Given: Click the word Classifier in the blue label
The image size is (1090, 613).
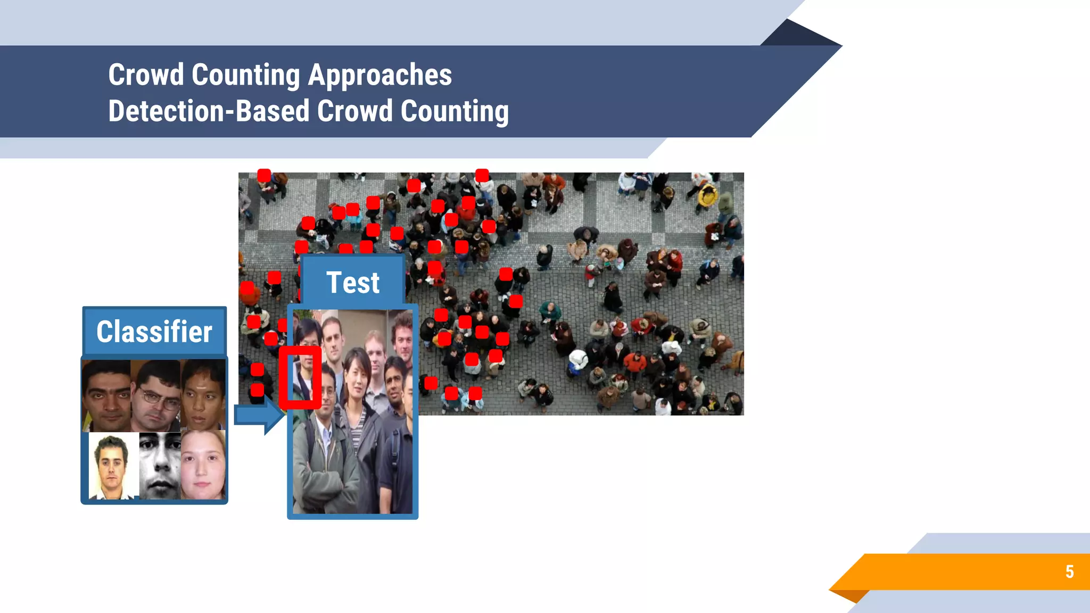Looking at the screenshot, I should [x=154, y=332].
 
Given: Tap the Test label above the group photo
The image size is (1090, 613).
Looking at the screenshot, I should [x=353, y=283].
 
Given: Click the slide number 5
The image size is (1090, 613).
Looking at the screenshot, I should [x=1069, y=571].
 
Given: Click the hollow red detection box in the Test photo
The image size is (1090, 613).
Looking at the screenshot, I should [x=300, y=377].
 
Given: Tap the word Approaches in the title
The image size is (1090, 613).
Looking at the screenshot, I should [x=380, y=74].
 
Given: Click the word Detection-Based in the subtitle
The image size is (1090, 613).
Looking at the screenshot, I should [x=209, y=111].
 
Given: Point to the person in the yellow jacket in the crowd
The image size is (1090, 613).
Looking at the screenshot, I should [x=707, y=196].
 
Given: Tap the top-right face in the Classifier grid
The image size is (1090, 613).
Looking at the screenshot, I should [x=203, y=395].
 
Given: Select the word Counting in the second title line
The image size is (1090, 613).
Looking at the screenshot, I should [x=455, y=111].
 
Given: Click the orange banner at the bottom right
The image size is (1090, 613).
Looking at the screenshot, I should [x=958, y=571].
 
